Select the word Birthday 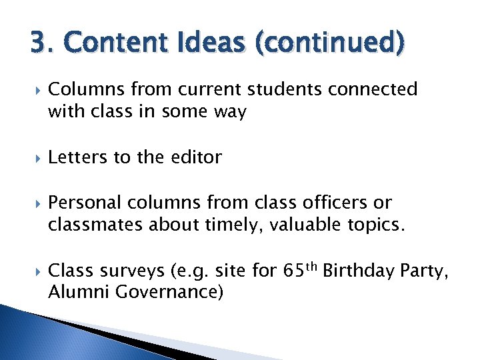tap(376, 272)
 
